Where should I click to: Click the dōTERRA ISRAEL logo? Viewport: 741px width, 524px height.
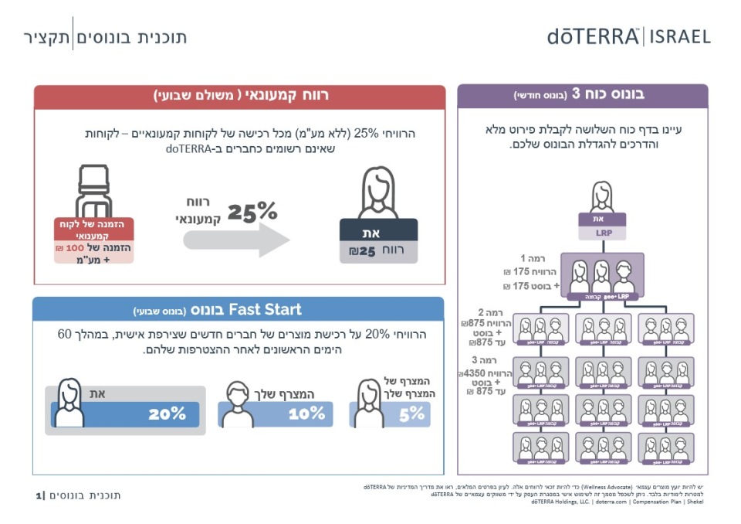coord(628,36)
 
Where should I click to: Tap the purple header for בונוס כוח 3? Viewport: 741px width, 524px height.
coord(583,95)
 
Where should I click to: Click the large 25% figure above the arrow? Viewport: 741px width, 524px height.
coord(252,212)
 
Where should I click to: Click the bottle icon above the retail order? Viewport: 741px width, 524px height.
coord(93,192)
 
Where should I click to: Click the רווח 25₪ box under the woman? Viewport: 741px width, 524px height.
coord(378,251)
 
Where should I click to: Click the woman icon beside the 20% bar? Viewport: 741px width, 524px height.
coord(68,402)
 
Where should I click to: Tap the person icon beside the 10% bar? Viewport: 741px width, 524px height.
coord(238,405)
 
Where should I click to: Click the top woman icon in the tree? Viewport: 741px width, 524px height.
coord(601,197)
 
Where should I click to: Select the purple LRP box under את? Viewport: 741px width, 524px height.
coord(601,233)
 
